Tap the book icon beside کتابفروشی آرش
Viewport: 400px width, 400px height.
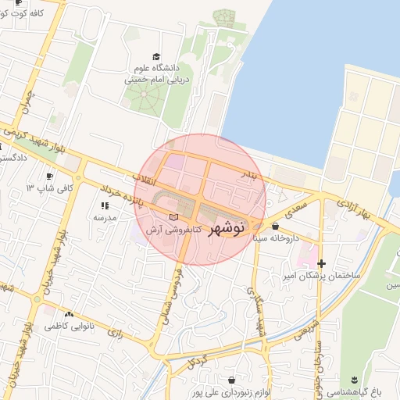tap(173, 216)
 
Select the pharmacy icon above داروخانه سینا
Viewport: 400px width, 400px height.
tap(274, 227)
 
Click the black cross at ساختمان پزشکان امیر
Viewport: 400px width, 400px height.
tap(321, 263)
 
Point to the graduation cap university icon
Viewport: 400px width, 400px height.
tap(156, 57)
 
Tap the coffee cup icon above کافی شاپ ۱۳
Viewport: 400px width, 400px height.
tap(51, 177)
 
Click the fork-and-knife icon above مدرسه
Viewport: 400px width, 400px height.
tap(104, 205)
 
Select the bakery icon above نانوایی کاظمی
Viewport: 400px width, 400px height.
tap(69, 314)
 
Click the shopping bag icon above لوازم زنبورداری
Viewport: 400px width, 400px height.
tap(232, 380)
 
